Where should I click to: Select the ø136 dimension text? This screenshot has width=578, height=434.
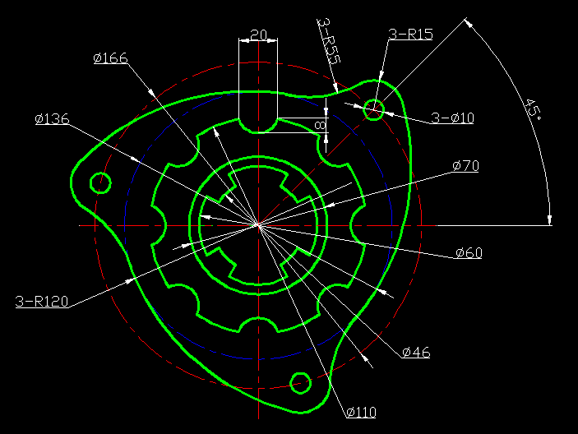52,119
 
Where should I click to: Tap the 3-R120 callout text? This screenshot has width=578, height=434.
41,302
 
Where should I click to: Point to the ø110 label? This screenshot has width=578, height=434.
361,412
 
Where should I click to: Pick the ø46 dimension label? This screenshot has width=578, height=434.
416,353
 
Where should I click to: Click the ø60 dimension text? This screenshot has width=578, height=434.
469,252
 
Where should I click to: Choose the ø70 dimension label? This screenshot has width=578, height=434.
465,166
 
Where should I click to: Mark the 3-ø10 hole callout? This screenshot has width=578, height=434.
452,118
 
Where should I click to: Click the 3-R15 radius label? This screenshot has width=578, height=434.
410,35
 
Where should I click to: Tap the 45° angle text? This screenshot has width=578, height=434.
532,108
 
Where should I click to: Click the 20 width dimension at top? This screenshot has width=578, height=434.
258,35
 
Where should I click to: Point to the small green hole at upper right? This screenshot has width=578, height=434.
373,108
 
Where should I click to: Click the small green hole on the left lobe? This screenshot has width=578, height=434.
100,182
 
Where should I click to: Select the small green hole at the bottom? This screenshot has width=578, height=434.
300,381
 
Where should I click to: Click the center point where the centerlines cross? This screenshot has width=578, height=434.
259,224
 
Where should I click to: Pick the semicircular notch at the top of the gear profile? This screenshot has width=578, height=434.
258,125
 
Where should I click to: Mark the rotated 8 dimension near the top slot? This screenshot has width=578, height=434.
320,125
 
